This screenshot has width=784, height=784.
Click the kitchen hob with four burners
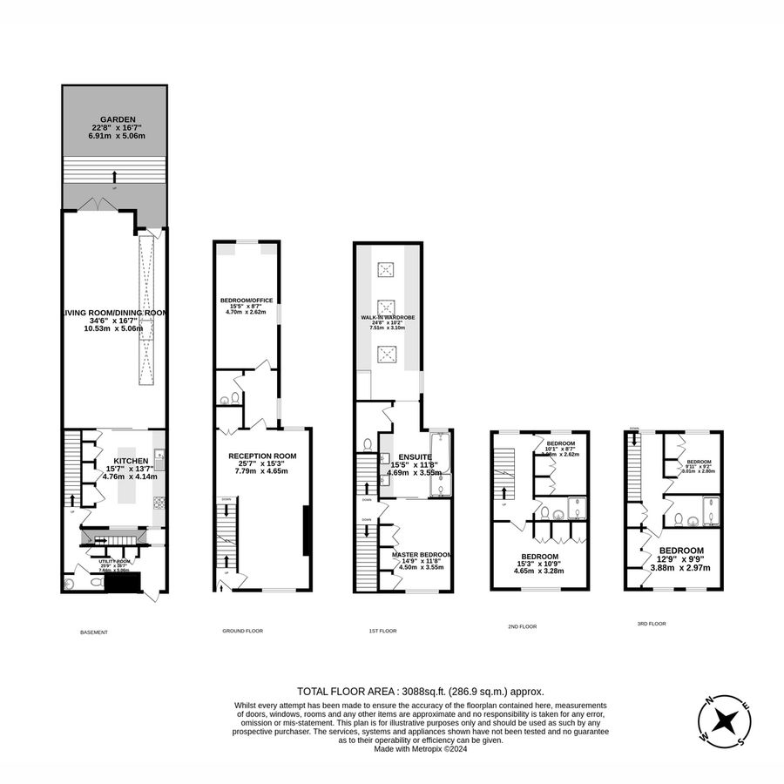coord(159,502)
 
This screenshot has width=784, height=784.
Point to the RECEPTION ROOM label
coord(262,456)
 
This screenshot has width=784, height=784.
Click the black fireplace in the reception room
coord(304,531)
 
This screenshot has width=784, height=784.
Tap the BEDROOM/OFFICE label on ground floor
coord(247,301)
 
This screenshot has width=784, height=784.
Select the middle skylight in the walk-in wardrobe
coord(387,308)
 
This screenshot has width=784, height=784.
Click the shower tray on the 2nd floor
coord(578,507)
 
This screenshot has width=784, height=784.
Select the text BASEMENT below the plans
coord(93,632)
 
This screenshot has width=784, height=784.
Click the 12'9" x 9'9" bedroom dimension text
coord(680,568)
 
